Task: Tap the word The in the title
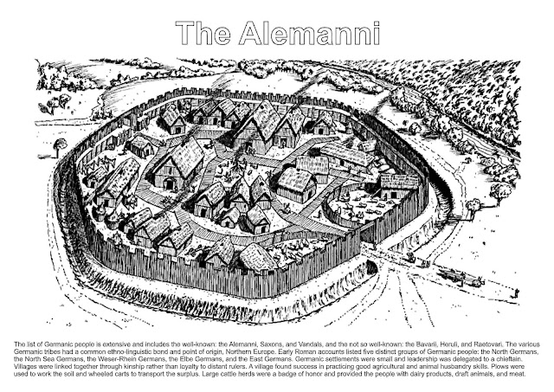[205, 33]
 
